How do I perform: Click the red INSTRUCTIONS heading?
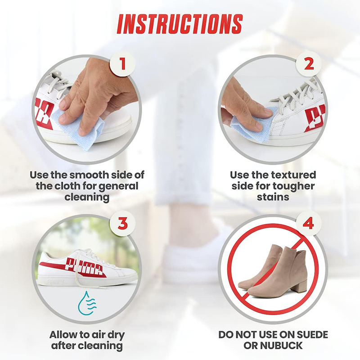180,24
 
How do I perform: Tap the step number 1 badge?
122,64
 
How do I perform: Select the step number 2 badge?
308,64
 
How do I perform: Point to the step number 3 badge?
122,223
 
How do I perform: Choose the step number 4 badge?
308,223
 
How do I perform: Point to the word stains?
273,197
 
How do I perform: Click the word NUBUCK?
281,346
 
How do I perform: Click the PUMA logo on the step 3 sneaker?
84,266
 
